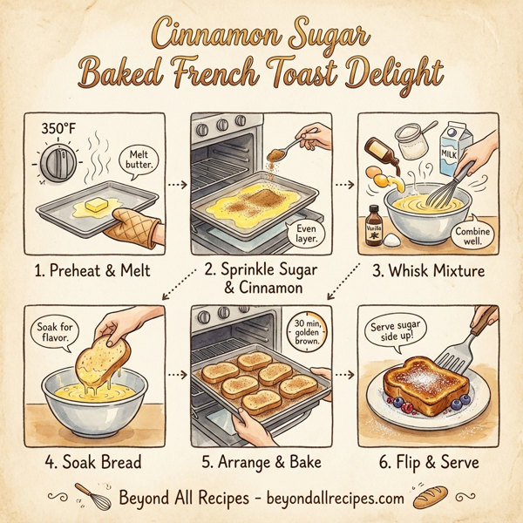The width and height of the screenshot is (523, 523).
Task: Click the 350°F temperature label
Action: tap(59, 128)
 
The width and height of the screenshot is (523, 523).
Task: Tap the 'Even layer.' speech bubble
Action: tap(302, 231)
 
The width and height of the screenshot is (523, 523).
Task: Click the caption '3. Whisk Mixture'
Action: tap(429, 271)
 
